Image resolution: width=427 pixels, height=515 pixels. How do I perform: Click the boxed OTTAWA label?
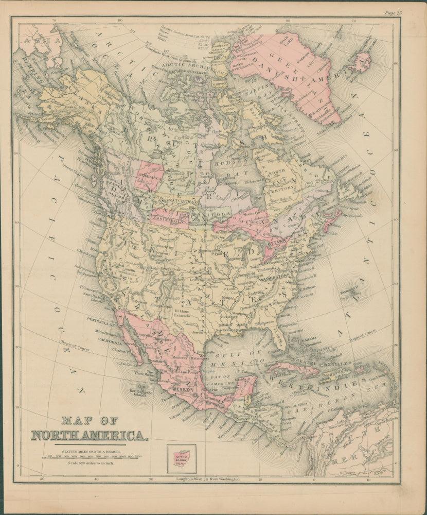(278, 241)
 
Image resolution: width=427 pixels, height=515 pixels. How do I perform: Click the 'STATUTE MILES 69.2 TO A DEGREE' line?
(92, 451)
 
